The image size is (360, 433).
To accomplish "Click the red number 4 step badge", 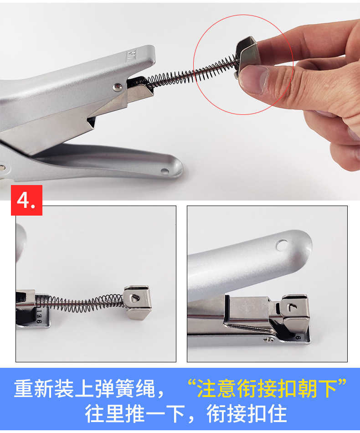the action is [26, 200].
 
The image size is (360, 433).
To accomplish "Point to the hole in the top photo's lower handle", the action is [165, 171].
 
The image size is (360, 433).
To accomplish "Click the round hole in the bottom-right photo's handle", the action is [282, 245].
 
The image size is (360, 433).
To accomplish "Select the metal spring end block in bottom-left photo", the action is [137, 302].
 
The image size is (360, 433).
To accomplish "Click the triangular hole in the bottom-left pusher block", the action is [135, 298].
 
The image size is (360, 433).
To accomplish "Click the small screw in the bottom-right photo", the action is [268, 340].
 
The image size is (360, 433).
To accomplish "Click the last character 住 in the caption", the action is [277, 413].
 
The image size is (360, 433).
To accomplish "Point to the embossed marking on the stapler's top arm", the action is [131, 55].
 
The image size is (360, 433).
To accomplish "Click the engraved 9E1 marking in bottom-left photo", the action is [39, 316].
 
